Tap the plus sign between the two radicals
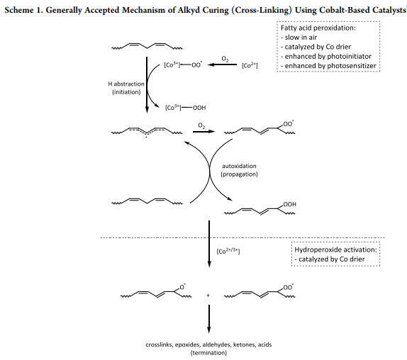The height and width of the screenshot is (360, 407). tap(207, 293)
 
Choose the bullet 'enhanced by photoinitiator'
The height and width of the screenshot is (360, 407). tap(324, 56)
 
